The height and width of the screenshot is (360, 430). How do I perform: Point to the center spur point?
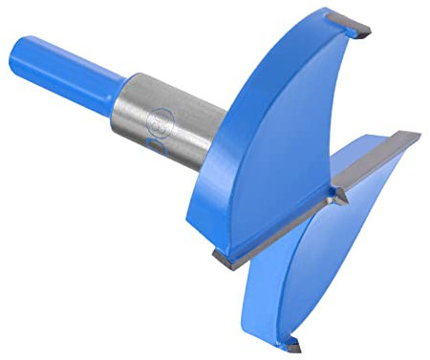click(x=337, y=197)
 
